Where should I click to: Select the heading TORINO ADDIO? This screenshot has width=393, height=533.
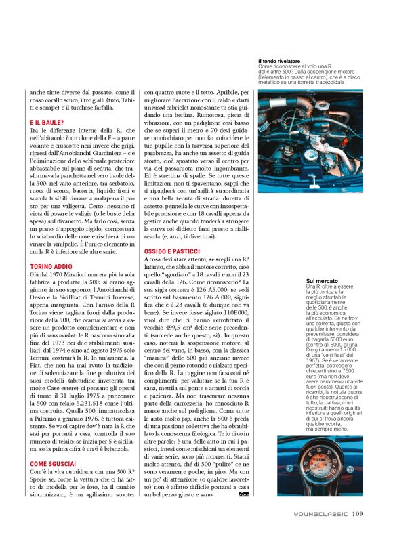coord(49,267)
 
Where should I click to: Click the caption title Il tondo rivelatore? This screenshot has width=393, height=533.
coord(279,61)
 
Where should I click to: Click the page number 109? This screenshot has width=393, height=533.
coord(358,513)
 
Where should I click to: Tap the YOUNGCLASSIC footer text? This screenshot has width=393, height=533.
coord(320,513)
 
